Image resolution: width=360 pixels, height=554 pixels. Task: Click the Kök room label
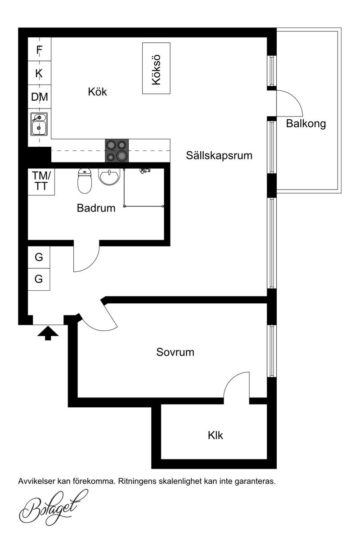(97, 92)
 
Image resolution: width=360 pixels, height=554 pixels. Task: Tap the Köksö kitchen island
(156, 68)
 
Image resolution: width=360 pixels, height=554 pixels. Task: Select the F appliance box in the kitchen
(40, 49)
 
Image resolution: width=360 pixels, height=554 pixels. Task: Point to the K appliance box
(40, 73)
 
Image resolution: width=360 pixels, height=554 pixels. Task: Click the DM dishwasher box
(40, 97)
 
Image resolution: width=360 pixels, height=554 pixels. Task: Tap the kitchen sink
(39, 124)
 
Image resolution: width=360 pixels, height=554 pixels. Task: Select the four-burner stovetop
(117, 151)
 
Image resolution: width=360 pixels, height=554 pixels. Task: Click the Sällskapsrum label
(219, 156)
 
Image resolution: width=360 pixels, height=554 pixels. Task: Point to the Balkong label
(306, 124)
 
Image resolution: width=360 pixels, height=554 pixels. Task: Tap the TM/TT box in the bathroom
(41, 182)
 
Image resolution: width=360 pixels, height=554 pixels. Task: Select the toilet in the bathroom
(85, 181)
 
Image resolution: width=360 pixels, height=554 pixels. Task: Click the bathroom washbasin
(109, 176)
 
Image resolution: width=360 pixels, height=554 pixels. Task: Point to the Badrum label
(96, 208)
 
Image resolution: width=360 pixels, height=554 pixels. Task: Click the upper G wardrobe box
(39, 257)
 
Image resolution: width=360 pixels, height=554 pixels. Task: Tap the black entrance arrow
(48, 333)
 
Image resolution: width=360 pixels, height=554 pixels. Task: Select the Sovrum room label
(175, 352)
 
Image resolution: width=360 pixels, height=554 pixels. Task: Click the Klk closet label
(216, 442)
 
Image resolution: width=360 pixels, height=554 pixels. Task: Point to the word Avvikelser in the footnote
(37, 481)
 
